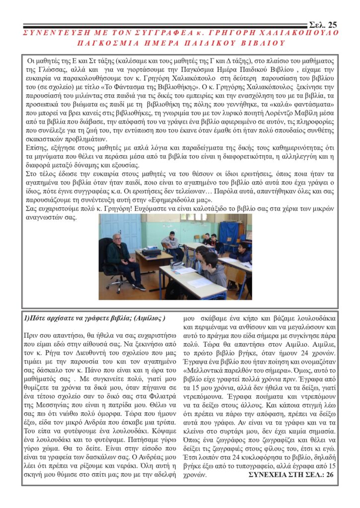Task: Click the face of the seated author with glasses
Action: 117,238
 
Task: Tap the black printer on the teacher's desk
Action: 151,252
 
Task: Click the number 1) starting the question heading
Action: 27,318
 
